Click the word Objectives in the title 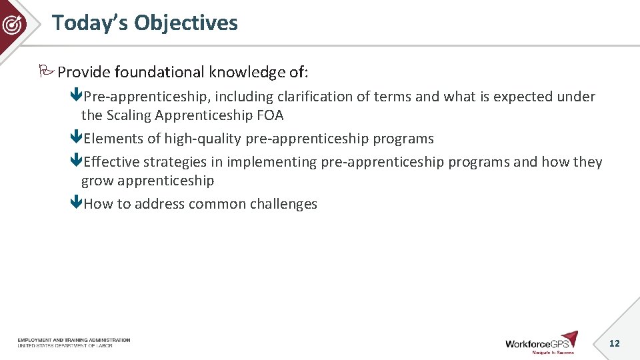[185, 23]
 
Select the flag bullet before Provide [47, 71]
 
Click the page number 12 [614, 343]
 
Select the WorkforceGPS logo [541, 343]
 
